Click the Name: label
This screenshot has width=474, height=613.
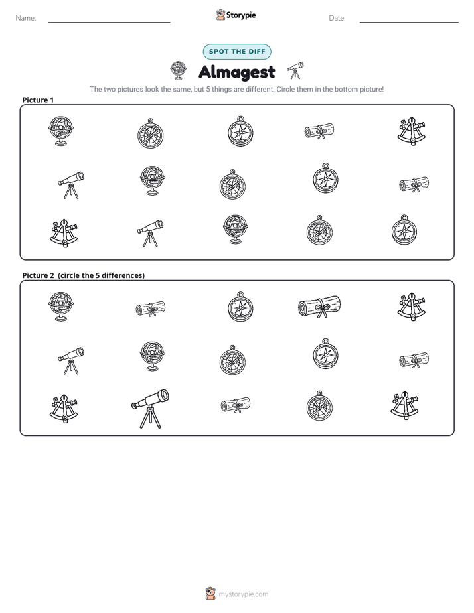pos(26,18)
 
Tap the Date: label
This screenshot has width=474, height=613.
pos(337,18)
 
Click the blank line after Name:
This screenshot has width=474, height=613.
pos(109,22)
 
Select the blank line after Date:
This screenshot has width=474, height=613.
pos(409,22)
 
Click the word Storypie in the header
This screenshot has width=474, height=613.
pos(241,15)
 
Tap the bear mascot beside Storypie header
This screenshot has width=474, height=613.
pos(220,15)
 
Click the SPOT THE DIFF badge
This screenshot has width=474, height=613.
pos(237,52)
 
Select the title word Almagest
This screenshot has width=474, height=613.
pos(237,72)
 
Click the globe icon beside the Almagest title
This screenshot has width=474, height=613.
pos(179,70)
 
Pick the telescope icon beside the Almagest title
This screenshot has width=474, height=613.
pos(295,70)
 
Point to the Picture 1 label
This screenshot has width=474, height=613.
pos(38,100)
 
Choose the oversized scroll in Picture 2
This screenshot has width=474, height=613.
pos(319,306)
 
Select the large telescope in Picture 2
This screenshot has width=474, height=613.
pos(150,409)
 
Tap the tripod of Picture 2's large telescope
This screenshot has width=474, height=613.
pos(150,417)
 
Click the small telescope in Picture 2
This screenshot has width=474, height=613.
pos(71,360)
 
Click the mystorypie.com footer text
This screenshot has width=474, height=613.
pos(243,594)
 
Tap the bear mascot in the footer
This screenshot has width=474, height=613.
pos(210,594)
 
